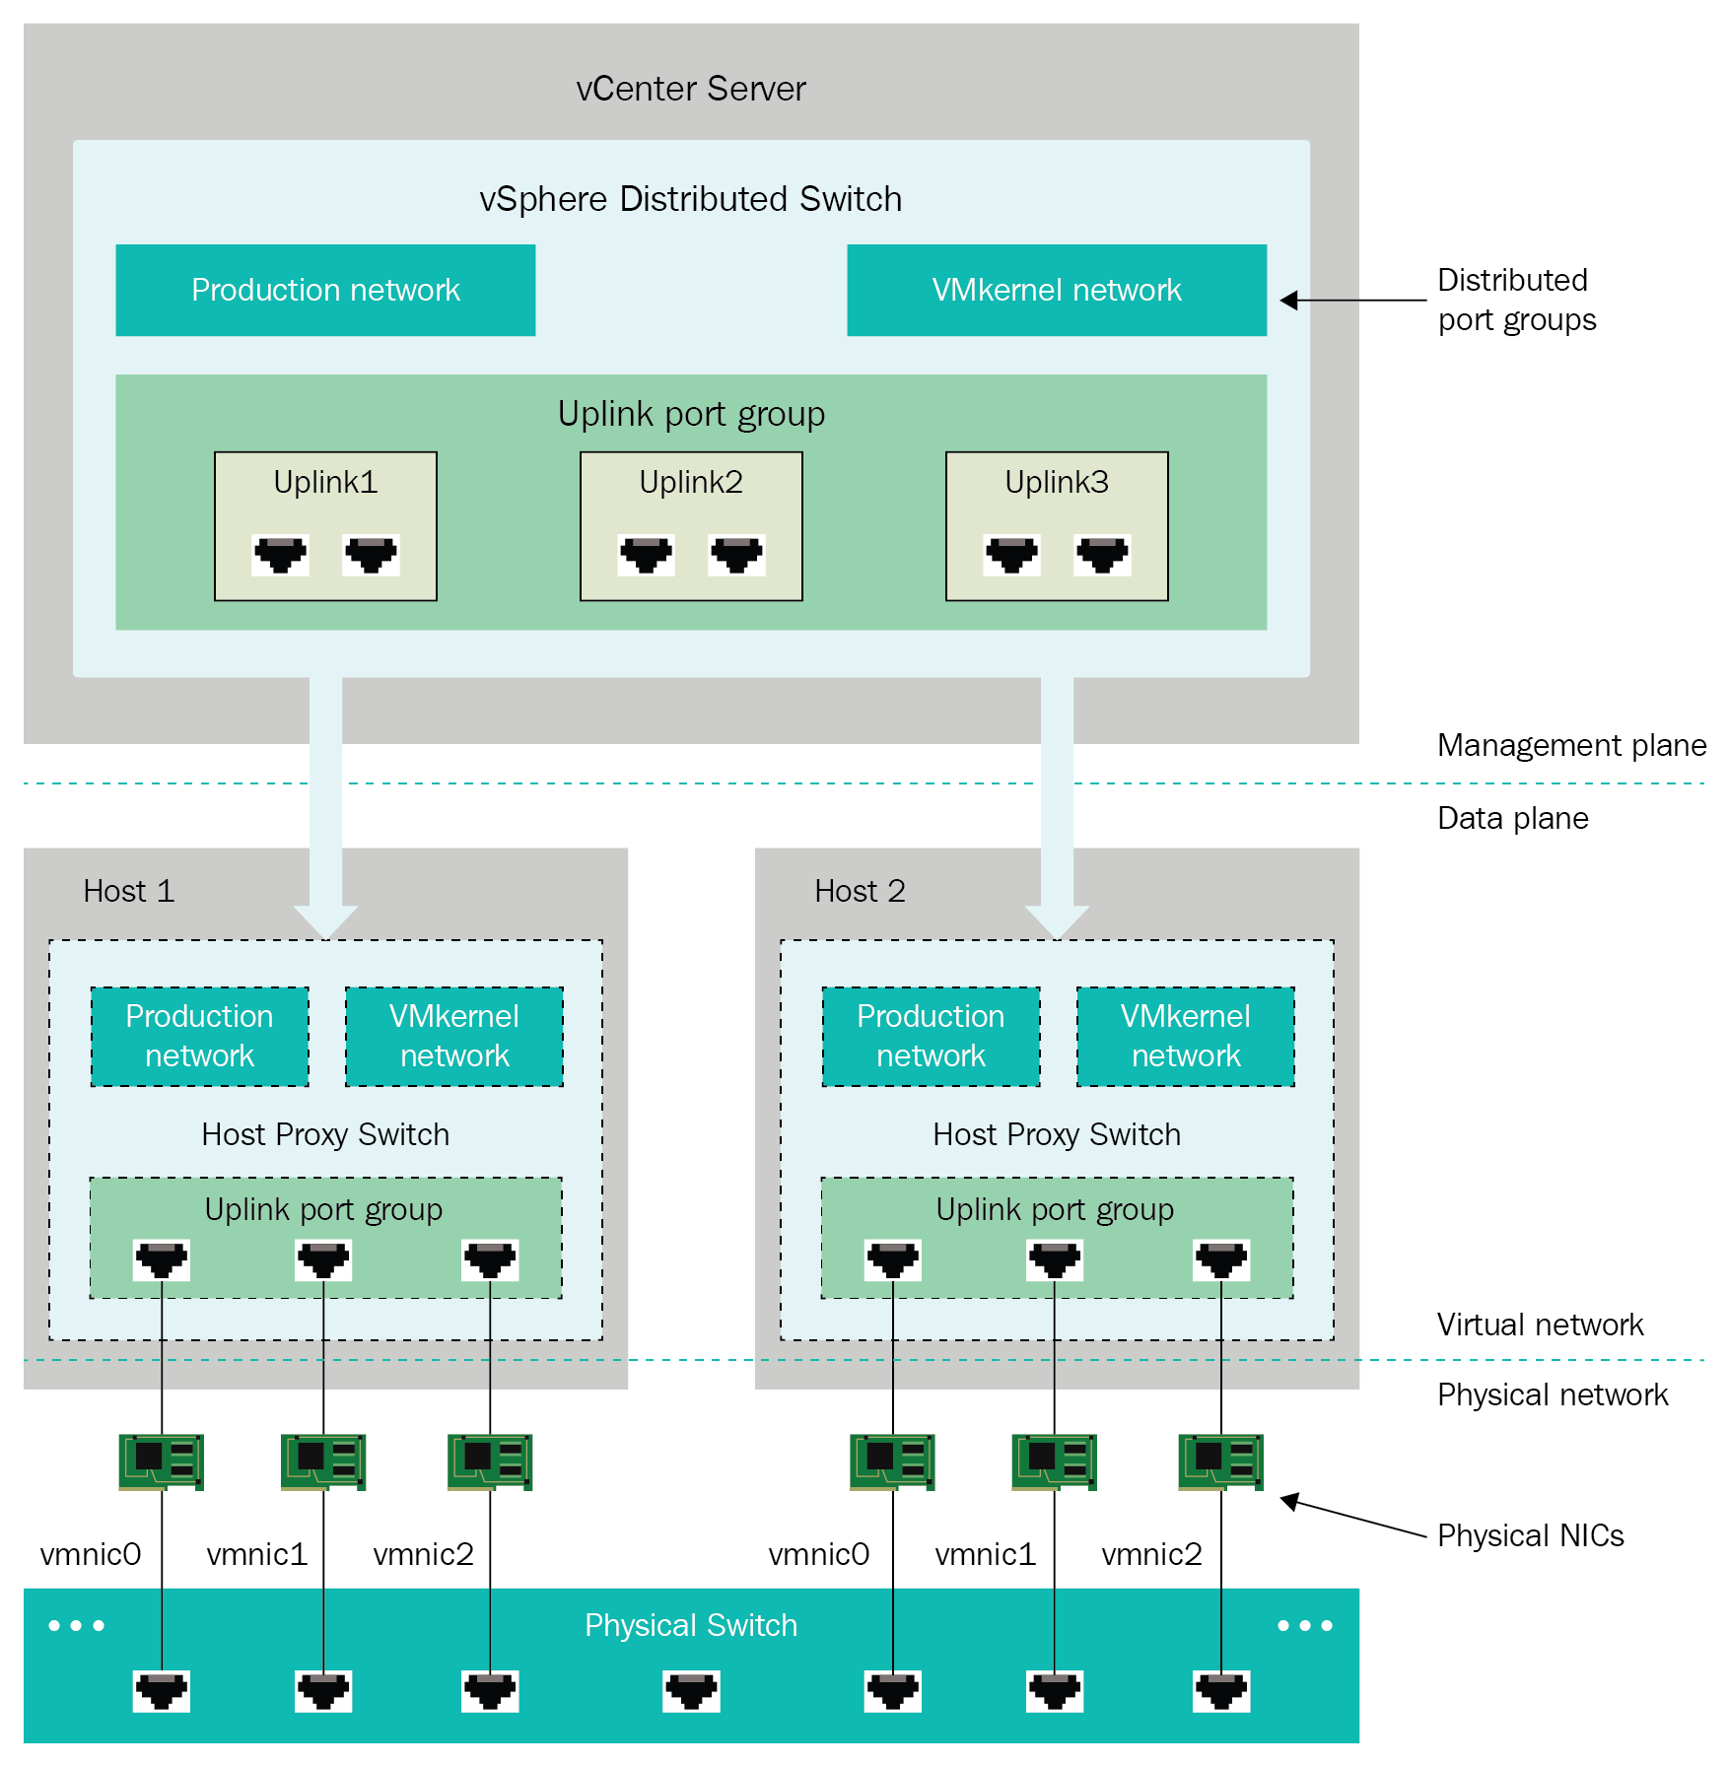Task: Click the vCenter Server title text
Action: tap(690, 89)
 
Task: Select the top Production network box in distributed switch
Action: tap(325, 290)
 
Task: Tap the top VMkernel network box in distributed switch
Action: tap(1056, 290)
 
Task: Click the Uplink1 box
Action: tap(325, 525)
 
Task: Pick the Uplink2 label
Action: tap(690, 482)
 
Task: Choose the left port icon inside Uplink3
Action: tap(1011, 555)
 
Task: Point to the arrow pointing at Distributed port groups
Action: tap(1352, 301)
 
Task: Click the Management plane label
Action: tap(1571, 745)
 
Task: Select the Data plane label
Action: tap(1512, 818)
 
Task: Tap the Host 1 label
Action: tap(128, 891)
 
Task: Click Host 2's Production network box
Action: tap(931, 1036)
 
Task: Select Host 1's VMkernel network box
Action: tap(453, 1036)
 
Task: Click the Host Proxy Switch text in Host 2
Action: tap(1056, 1134)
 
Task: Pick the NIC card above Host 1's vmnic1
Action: tap(323, 1461)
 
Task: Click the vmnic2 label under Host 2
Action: tap(1151, 1554)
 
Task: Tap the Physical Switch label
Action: tap(690, 1625)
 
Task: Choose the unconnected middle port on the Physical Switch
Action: tap(691, 1691)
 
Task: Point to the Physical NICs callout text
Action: tap(1530, 1535)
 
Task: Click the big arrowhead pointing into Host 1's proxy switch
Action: tap(325, 921)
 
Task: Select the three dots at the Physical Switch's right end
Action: tap(1304, 1625)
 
